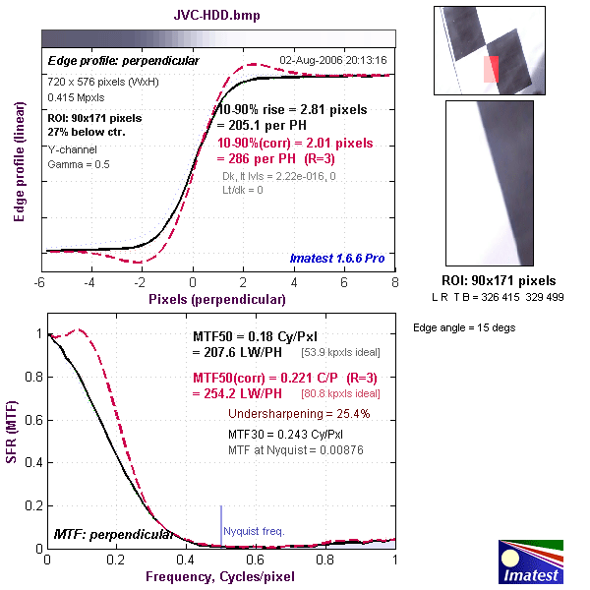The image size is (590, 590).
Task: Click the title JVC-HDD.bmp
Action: click(x=217, y=17)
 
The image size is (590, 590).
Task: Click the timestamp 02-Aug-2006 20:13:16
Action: click(x=333, y=60)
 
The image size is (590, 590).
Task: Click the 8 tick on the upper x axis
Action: click(x=395, y=281)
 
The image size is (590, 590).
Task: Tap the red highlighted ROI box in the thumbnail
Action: click(x=492, y=69)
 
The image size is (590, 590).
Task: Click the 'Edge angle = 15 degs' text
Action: click(x=463, y=327)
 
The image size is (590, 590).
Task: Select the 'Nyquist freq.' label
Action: click(x=254, y=531)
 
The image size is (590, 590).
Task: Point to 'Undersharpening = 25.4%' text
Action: click(x=299, y=414)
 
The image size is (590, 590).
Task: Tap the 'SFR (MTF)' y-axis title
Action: click(x=19, y=439)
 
